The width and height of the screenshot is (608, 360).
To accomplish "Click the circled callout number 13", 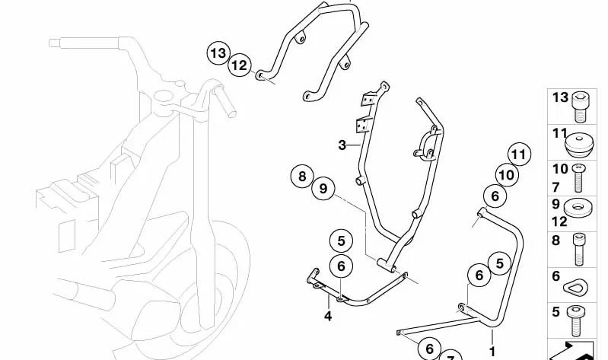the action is click(x=218, y=53).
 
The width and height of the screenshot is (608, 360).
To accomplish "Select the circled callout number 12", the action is click(x=240, y=65).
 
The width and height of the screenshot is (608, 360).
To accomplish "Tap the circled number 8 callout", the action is click(x=302, y=177).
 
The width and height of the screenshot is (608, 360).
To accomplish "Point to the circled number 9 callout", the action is click(x=323, y=189).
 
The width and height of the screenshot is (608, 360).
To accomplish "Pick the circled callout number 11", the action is click(x=519, y=155).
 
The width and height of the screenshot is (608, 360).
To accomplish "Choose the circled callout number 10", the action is click(x=506, y=175).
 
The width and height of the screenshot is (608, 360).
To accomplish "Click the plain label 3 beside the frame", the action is click(x=342, y=145).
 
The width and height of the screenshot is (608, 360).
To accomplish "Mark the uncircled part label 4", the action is click(x=328, y=316).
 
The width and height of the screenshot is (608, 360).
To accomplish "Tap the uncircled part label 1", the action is click(x=492, y=352).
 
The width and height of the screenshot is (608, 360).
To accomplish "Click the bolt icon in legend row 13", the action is click(x=581, y=107).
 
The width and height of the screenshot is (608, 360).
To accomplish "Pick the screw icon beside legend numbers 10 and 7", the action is click(x=578, y=177).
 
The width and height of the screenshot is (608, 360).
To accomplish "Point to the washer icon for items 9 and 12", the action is click(x=578, y=208).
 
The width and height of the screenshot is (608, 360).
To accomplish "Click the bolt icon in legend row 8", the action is click(x=579, y=250).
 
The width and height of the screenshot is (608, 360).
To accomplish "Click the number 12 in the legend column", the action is click(x=559, y=221).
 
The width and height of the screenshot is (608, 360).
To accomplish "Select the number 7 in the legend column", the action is click(x=556, y=187).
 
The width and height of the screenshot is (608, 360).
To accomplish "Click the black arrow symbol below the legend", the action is click(x=572, y=352).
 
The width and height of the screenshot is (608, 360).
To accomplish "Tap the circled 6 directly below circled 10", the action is click(x=495, y=196).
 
